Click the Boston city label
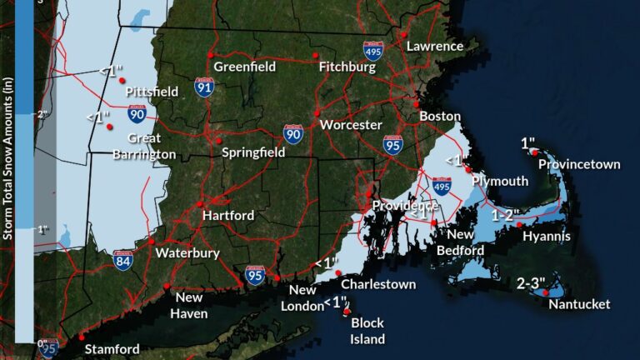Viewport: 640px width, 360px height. (x=440, y=116)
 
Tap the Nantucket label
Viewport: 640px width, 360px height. (x=579, y=304)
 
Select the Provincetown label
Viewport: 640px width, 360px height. (x=579, y=164)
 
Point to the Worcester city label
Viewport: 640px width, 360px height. (x=346, y=124)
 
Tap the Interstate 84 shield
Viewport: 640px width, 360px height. (x=123, y=259)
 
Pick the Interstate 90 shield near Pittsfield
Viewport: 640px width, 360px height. (x=137, y=114)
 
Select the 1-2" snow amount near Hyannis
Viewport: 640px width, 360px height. (x=505, y=215)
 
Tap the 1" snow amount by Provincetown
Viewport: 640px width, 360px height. (x=528, y=144)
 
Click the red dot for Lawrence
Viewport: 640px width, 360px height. (x=402, y=34)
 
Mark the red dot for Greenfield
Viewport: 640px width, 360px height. (x=211, y=55)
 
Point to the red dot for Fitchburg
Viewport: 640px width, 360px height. (x=316, y=55)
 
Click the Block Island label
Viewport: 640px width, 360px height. (x=367, y=331)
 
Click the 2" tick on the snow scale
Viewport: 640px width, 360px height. (x=41, y=113)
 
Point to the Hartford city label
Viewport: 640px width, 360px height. (x=228, y=215)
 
